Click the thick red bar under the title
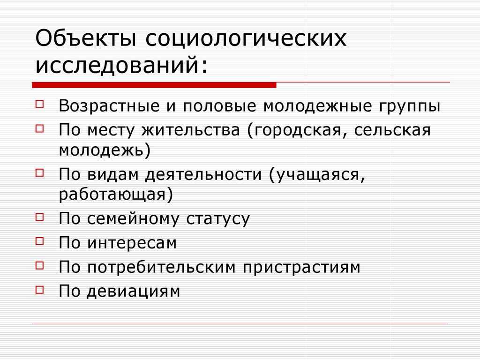[154, 85]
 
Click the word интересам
[132, 243]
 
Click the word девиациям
[134, 291]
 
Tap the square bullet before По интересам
[40, 240]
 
